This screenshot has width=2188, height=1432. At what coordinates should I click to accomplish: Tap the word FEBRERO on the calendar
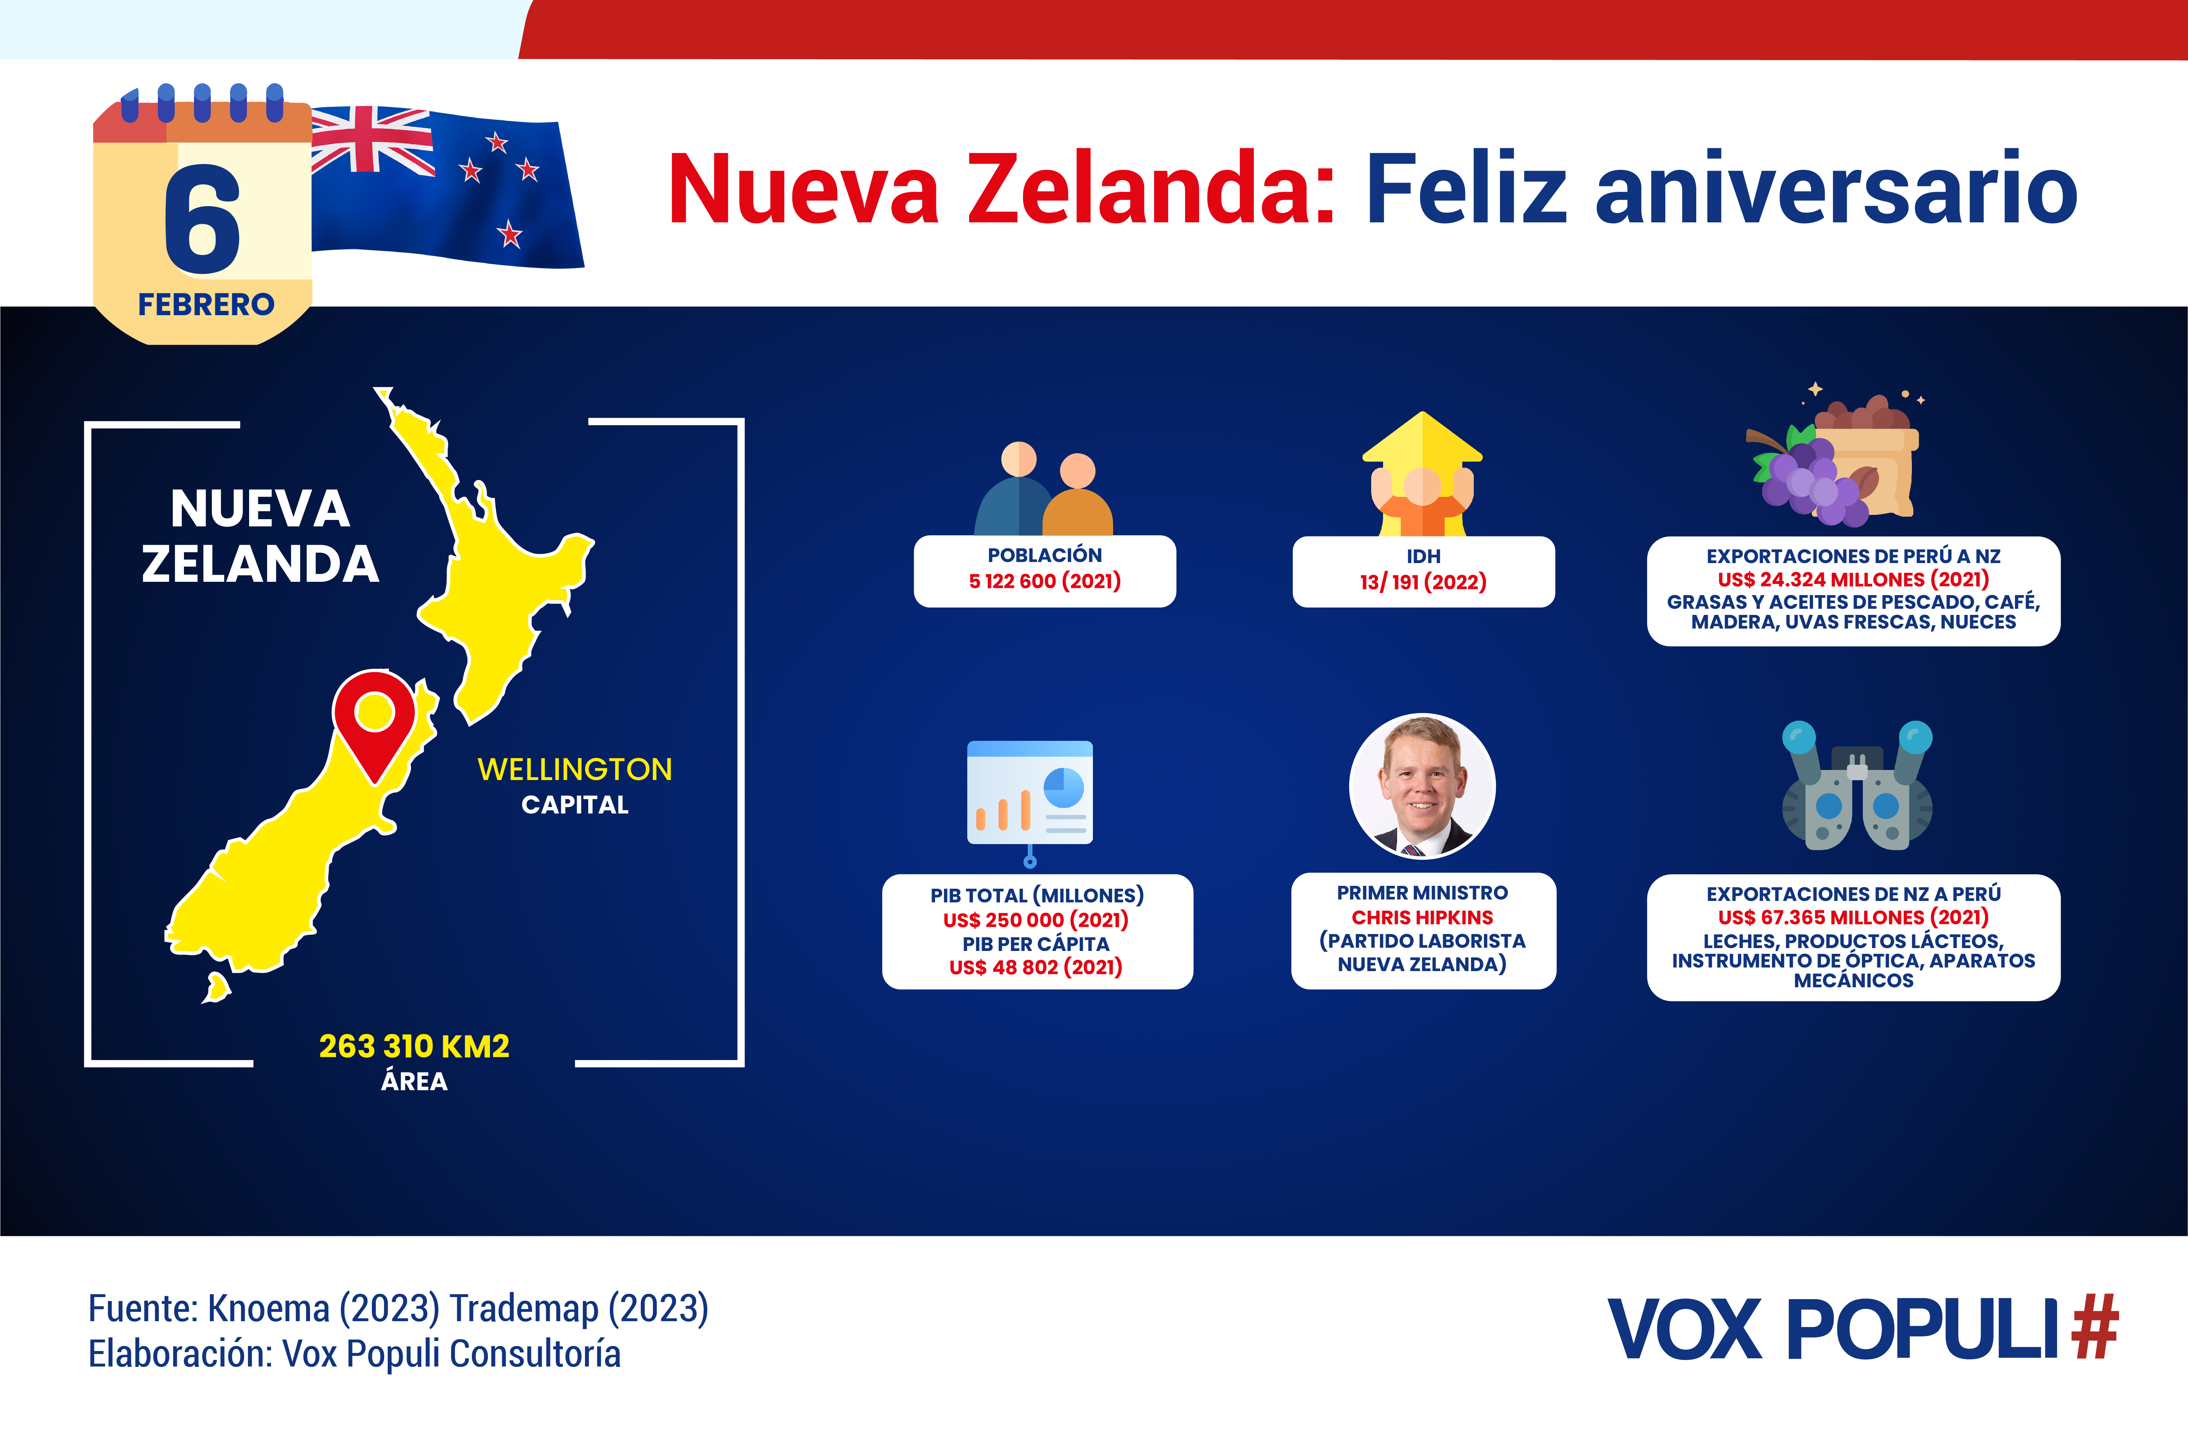click(x=206, y=304)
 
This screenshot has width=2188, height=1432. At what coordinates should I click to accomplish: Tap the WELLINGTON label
click(x=575, y=769)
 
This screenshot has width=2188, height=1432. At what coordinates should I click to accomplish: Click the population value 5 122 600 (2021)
click(x=1044, y=581)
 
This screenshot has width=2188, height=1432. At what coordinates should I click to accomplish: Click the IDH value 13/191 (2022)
click(x=1423, y=582)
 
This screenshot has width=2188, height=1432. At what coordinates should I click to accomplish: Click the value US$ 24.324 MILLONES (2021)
click(x=1853, y=579)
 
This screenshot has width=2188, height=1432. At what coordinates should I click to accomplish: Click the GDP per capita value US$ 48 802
click(x=1036, y=967)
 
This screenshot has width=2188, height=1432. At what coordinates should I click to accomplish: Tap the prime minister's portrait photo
click(x=1422, y=786)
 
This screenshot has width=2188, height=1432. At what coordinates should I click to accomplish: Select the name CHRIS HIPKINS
click(x=1422, y=917)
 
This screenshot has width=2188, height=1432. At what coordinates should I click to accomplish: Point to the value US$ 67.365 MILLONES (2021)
click(x=1853, y=917)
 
